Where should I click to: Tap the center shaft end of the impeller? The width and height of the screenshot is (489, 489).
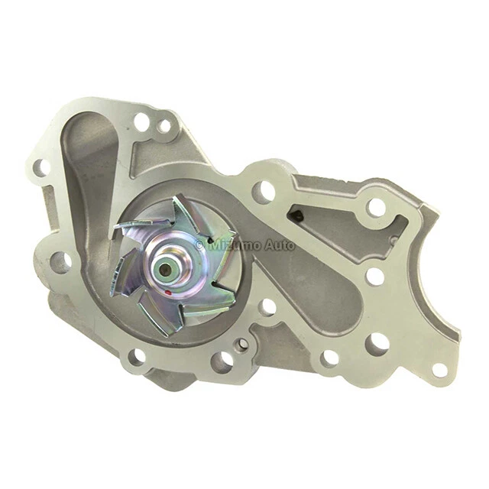(x=166, y=268)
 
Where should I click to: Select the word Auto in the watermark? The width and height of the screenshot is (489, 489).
(x=279, y=245)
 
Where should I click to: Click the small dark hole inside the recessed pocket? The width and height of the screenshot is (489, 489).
(x=300, y=217)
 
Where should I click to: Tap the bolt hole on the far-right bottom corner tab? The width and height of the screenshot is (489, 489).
(x=439, y=370)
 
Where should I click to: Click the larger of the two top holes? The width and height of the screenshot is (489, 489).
(x=141, y=121)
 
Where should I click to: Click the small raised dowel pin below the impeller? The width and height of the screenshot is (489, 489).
(x=242, y=345)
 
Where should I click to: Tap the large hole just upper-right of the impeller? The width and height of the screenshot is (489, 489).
(x=264, y=192)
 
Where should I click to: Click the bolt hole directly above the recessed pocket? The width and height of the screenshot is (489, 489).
(x=375, y=207)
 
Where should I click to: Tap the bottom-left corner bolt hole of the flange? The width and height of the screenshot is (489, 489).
(x=137, y=356)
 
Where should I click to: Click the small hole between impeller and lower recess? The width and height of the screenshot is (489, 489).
(x=267, y=307)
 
